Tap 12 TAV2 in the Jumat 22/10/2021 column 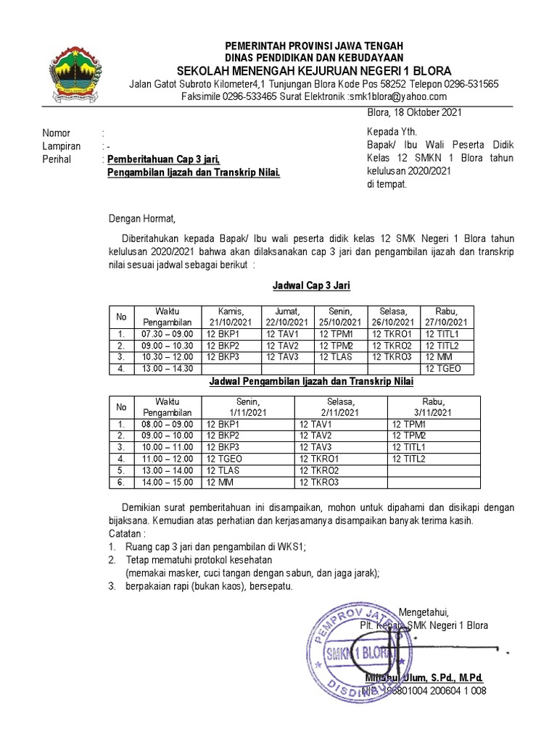click(282, 346)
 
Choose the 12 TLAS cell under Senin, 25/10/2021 click(335, 357)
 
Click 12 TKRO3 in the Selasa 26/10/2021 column click(392, 357)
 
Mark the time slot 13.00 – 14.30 click(168, 369)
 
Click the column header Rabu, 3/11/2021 click(433, 407)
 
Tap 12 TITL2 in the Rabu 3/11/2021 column click(410, 459)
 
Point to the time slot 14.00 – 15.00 click(168, 482)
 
